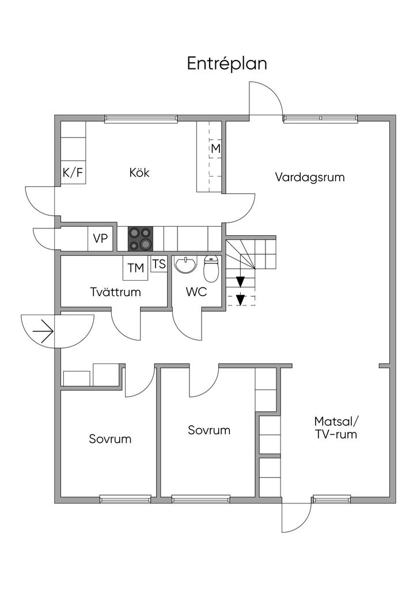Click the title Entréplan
pyautogui.click(x=226, y=64)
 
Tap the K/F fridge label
pyautogui.click(x=72, y=173)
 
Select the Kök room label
pyautogui.click(x=139, y=173)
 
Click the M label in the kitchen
pyautogui.click(x=215, y=149)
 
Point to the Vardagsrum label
pyautogui.click(x=310, y=177)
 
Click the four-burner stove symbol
pyautogui.click(x=140, y=239)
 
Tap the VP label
pyautogui.click(x=100, y=239)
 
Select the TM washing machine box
pyautogui.click(x=136, y=268)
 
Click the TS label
pyautogui.click(x=159, y=265)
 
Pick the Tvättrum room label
pyautogui.click(x=116, y=292)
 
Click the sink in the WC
pyautogui.click(x=185, y=265)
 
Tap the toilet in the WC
pyautogui.click(x=211, y=269)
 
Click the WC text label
pyautogui.click(x=196, y=292)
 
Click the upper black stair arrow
pyautogui.click(x=241, y=282)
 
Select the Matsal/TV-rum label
pyautogui.click(x=336, y=427)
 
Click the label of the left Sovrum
pyautogui.click(x=110, y=439)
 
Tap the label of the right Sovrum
pyautogui.click(x=209, y=430)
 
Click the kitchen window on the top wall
pyautogui.click(x=141, y=119)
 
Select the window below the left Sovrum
pyautogui.click(x=126, y=499)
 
